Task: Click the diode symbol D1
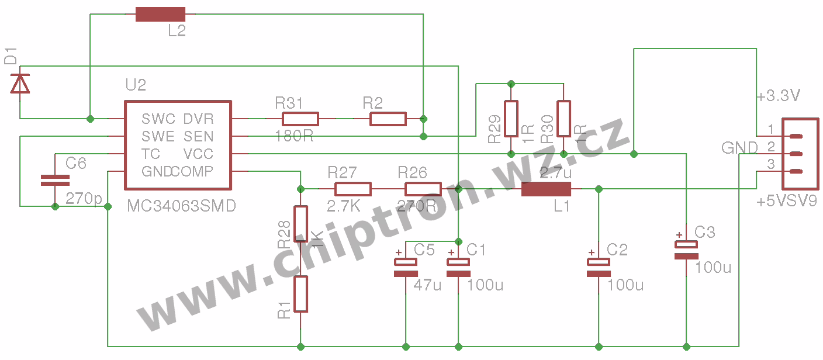point(21,85)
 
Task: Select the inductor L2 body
point(160,15)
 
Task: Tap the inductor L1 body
point(546,189)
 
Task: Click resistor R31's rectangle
point(300,119)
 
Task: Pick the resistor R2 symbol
point(388,119)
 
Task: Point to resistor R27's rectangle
point(353,189)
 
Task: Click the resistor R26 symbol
point(423,189)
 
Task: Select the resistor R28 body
point(301,224)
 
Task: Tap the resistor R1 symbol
point(301,294)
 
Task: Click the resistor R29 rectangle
point(511,119)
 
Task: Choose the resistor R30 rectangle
point(563,119)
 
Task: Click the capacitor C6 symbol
point(55,180)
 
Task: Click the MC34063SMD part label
point(181,206)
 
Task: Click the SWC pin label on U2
point(158,119)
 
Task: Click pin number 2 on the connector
point(771,146)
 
